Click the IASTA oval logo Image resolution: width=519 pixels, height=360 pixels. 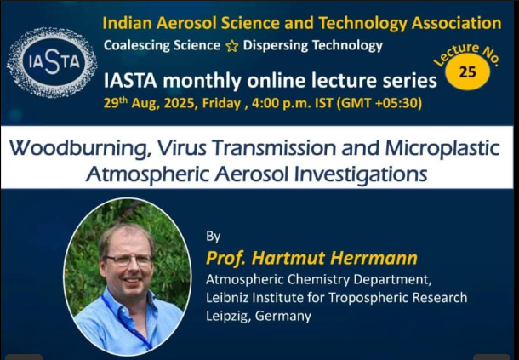(x=52, y=62)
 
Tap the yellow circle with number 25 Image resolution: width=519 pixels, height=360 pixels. (x=467, y=71)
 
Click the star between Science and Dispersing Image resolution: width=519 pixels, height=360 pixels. (x=231, y=46)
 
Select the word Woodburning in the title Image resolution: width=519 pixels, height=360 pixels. (x=78, y=148)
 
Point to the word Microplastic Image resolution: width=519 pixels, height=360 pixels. (x=442, y=148)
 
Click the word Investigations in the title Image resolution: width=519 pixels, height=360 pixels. (x=361, y=174)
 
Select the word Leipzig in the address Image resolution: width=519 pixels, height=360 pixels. (x=227, y=317)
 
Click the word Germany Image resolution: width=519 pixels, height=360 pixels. (x=283, y=317)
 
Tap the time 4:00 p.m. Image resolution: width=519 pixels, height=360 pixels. (x=282, y=103)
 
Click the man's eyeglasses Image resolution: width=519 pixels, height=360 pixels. (x=128, y=260)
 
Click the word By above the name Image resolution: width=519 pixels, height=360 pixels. (x=213, y=237)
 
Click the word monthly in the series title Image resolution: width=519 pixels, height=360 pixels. (x=202, y=81)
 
